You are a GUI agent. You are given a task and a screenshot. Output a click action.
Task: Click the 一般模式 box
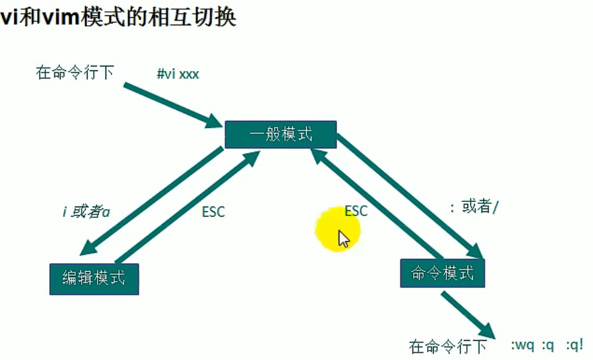point(281,135)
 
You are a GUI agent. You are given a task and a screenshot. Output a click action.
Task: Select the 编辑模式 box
point(94,278)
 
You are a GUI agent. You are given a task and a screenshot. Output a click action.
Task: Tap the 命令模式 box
point(442,273)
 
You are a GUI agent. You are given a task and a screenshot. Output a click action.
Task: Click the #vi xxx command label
point(177,74)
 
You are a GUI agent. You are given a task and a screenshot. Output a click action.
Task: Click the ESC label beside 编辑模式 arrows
point(213,212)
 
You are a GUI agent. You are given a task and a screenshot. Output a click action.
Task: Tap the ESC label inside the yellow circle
point(356,211)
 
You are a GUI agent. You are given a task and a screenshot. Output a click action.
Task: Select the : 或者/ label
point(474,207)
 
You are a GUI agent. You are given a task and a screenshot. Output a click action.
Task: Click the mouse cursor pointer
point(343,238)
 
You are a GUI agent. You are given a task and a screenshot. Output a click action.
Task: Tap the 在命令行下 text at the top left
point(74,72)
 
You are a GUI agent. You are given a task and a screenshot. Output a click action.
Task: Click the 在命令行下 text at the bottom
point(448,346)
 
